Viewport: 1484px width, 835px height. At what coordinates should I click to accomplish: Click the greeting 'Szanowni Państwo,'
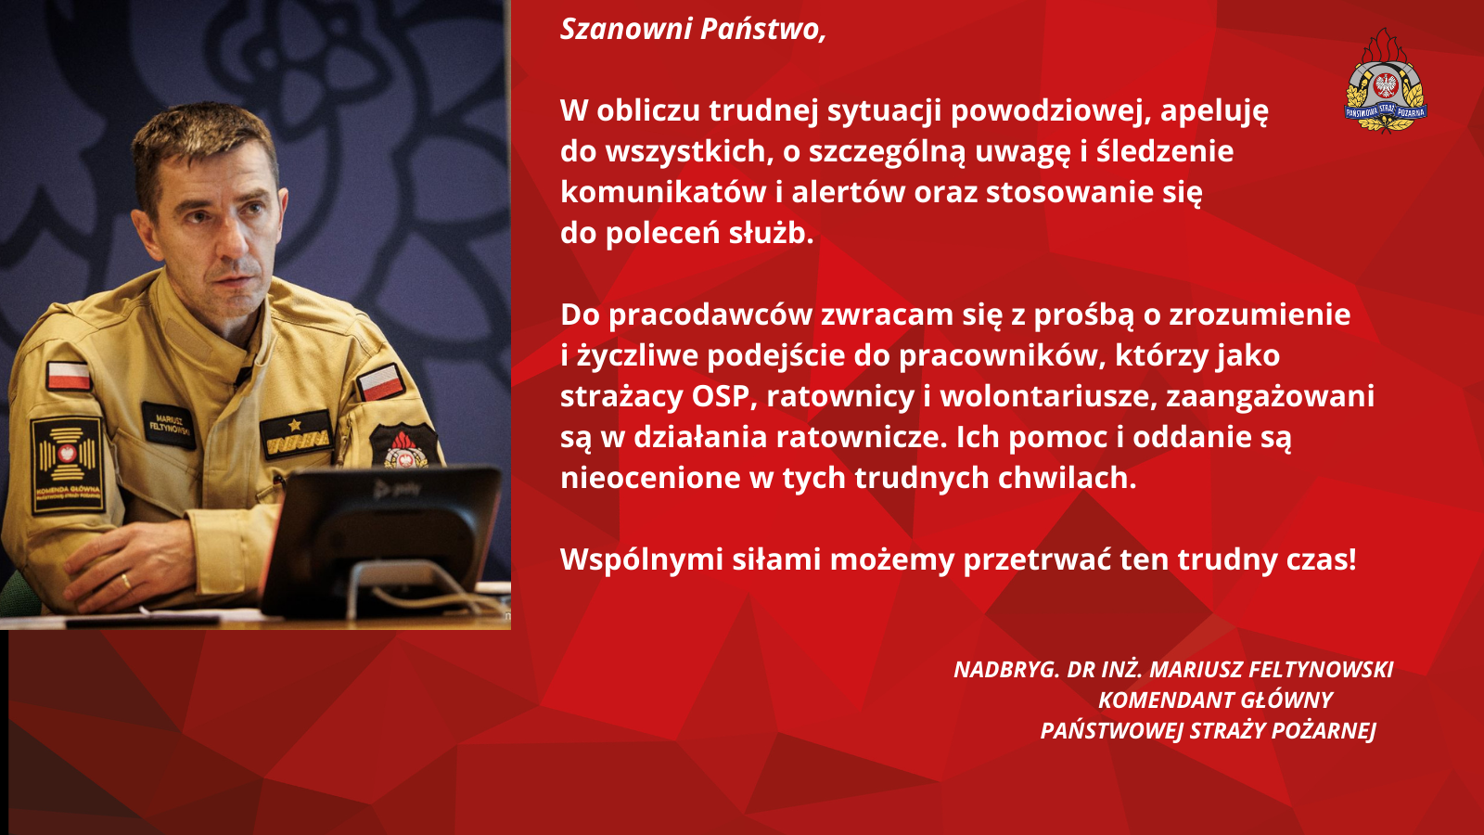tap(693, 30)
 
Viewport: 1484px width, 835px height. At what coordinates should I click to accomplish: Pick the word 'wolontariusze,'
tap(1048, 396)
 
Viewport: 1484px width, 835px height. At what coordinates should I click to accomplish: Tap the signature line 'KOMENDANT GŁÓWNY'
tap(1216, 700)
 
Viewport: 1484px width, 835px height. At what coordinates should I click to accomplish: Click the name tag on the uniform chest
tap(169, 425)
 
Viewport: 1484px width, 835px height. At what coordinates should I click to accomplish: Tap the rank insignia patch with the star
tap(296, 433)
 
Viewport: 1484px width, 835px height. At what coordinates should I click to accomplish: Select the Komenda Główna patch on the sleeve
tap(67, 465)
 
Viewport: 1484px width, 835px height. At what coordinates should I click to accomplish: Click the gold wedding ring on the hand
tap(126, 583)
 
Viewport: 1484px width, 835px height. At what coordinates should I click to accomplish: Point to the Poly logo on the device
tap(397, 490)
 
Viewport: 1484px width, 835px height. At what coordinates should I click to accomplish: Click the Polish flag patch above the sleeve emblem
tap(69, 376)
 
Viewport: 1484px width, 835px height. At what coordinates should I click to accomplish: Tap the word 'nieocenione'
tap(650, 478)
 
